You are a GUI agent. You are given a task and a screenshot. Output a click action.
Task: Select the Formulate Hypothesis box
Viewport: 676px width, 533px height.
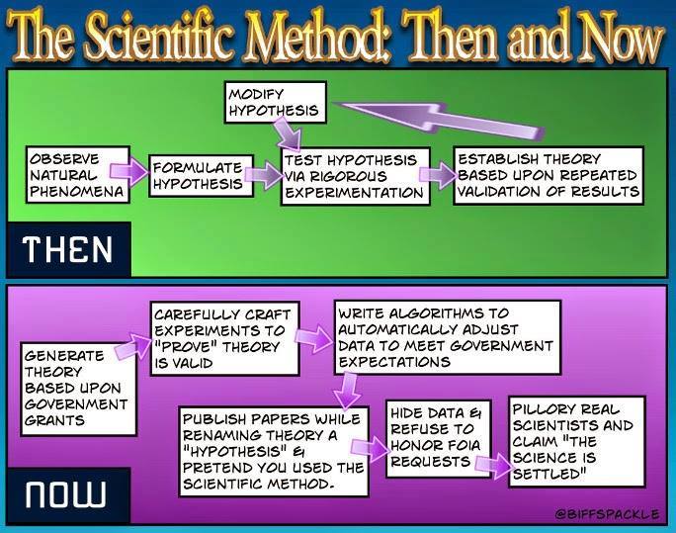(197, 175)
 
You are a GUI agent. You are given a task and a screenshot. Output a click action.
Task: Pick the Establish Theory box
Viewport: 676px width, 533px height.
(549, 175)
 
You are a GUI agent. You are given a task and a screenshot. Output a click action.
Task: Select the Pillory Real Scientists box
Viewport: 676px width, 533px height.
(577, 441)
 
